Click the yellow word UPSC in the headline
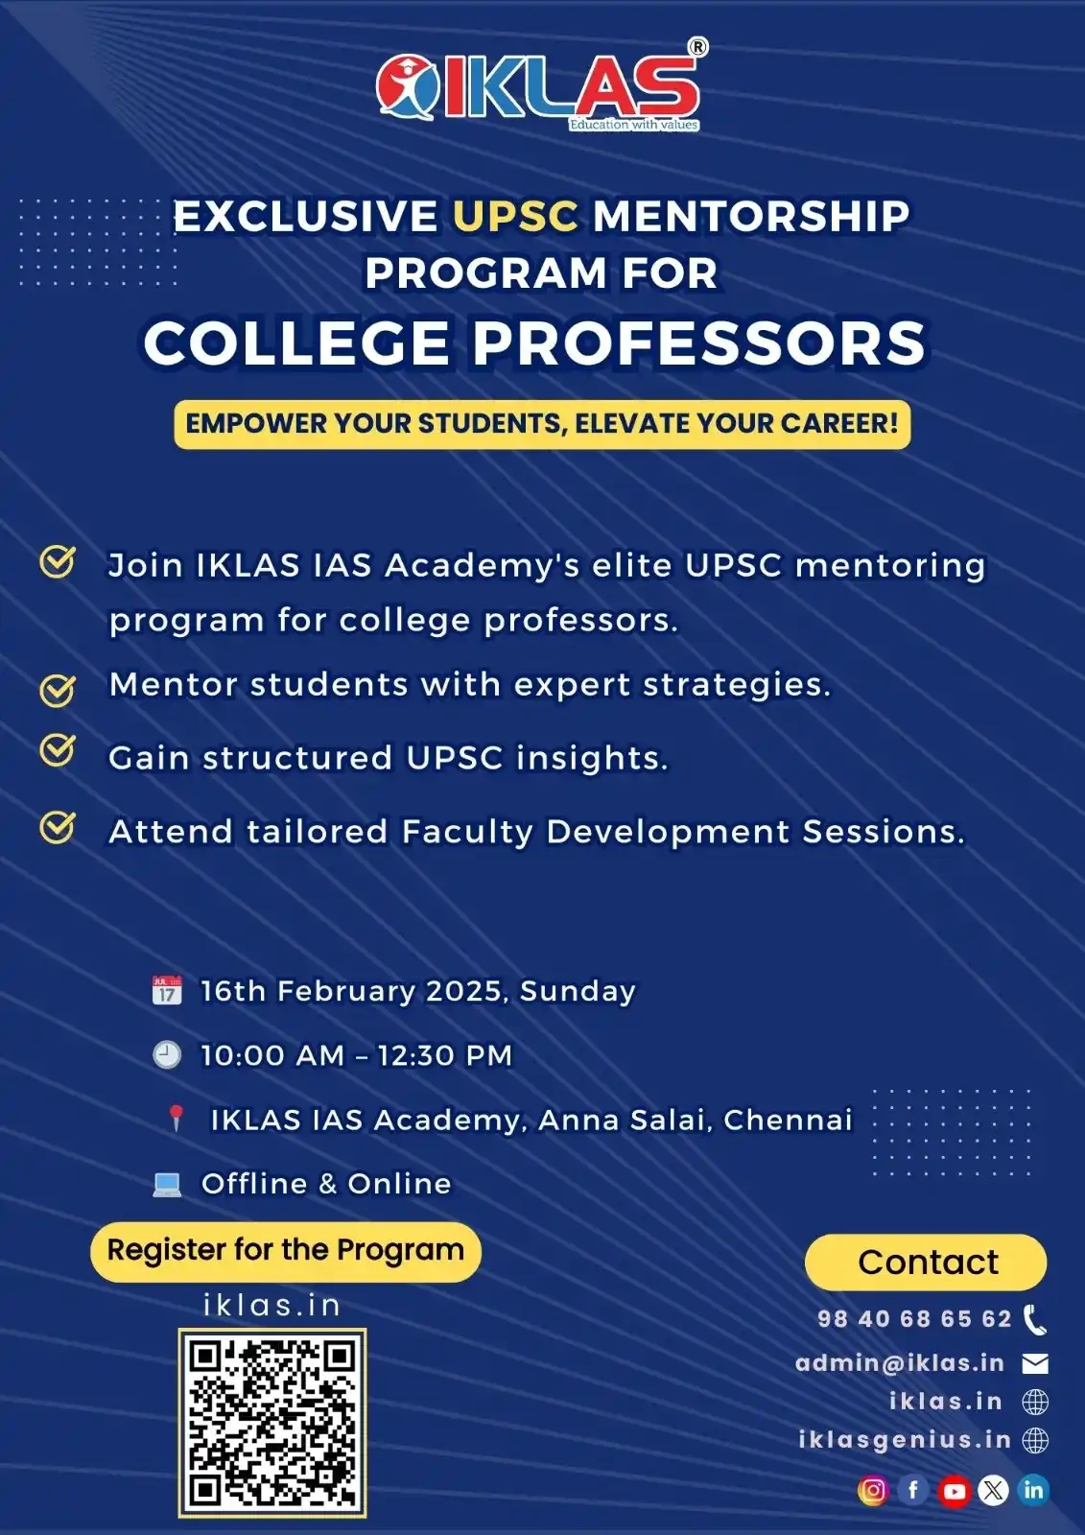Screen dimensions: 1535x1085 point(515,217)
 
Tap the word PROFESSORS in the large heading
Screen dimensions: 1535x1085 point(698,343)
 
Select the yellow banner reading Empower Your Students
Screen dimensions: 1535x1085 point(542,424)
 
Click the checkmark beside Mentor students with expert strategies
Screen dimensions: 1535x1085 point(58,688)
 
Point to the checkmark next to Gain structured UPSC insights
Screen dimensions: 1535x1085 point(58,751)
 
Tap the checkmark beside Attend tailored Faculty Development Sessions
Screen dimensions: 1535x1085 point(58,826)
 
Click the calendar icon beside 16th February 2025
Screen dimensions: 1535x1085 point(167,990)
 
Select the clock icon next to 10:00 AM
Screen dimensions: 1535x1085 point(167,1054)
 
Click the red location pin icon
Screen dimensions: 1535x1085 point(176,1118)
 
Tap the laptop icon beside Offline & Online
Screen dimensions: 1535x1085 point(167,1184)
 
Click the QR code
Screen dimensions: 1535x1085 point(272,1423)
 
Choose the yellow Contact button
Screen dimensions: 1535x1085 point(926,1263)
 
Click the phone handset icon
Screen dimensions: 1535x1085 point(1035,1320)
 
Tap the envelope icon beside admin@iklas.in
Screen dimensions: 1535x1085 point(1035,1363)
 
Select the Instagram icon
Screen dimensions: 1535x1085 point(873,1490)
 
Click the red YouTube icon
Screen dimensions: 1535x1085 point(954,1491)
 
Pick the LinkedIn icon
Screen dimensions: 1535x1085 point(1033,1490)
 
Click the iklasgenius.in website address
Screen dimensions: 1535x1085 point(905,1440)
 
